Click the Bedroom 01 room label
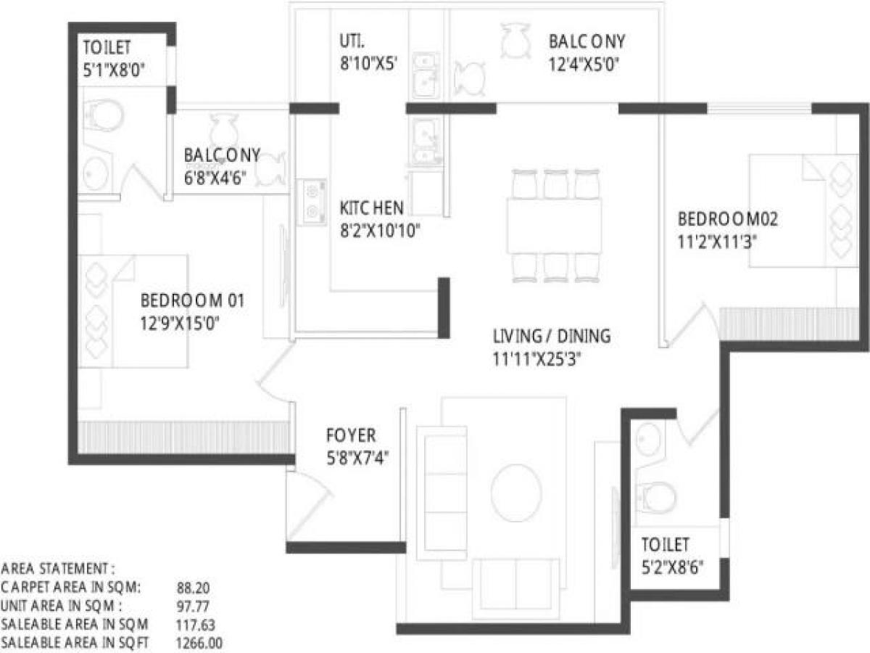pyautogui.click(x=192, y=300)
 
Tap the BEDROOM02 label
pyautogui.click(x=728, y=218)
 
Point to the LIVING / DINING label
pyautogui.click(x=552, y=337)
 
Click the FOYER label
pyautogui.click(x=351, y=436)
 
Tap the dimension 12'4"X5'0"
pyautogui.click(x=587, y=63)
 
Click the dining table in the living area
pyautogui.click(x=554, y=226)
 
